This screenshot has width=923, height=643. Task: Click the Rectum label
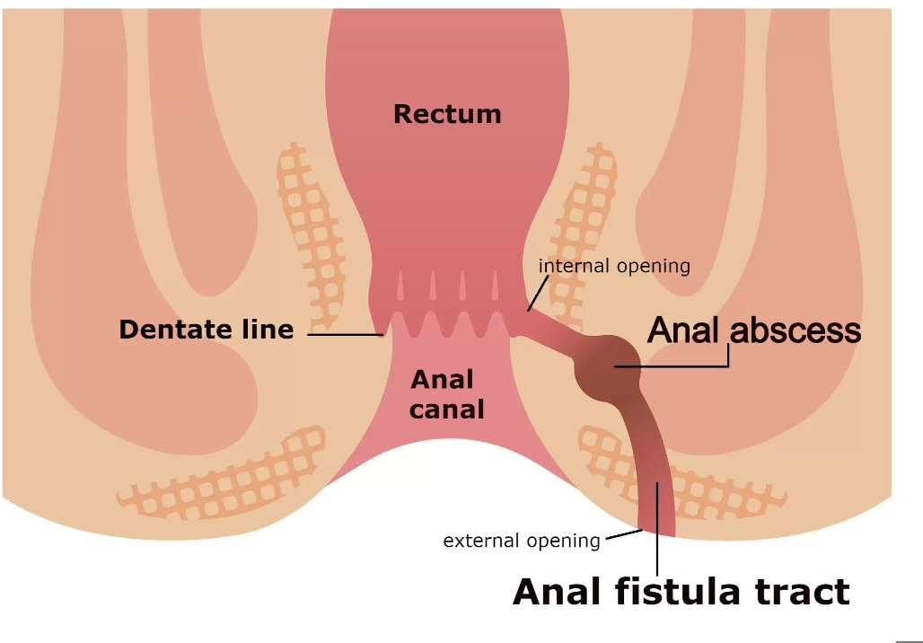[447, 114]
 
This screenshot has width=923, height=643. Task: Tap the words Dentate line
[206, 330]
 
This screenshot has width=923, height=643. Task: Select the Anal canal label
[447, 394]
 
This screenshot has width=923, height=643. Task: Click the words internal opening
[614, 266]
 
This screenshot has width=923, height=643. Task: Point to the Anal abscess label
[754, 330]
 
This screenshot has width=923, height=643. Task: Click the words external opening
[521, 541]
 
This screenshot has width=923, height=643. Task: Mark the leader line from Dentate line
[346, 335]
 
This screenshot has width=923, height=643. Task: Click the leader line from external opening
[622, 535]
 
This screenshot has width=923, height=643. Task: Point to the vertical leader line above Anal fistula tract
[657, 530]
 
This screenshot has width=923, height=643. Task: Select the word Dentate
[166, 330]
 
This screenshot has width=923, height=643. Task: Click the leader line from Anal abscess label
[682, 366]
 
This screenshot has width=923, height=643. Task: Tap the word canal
[447, 410]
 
